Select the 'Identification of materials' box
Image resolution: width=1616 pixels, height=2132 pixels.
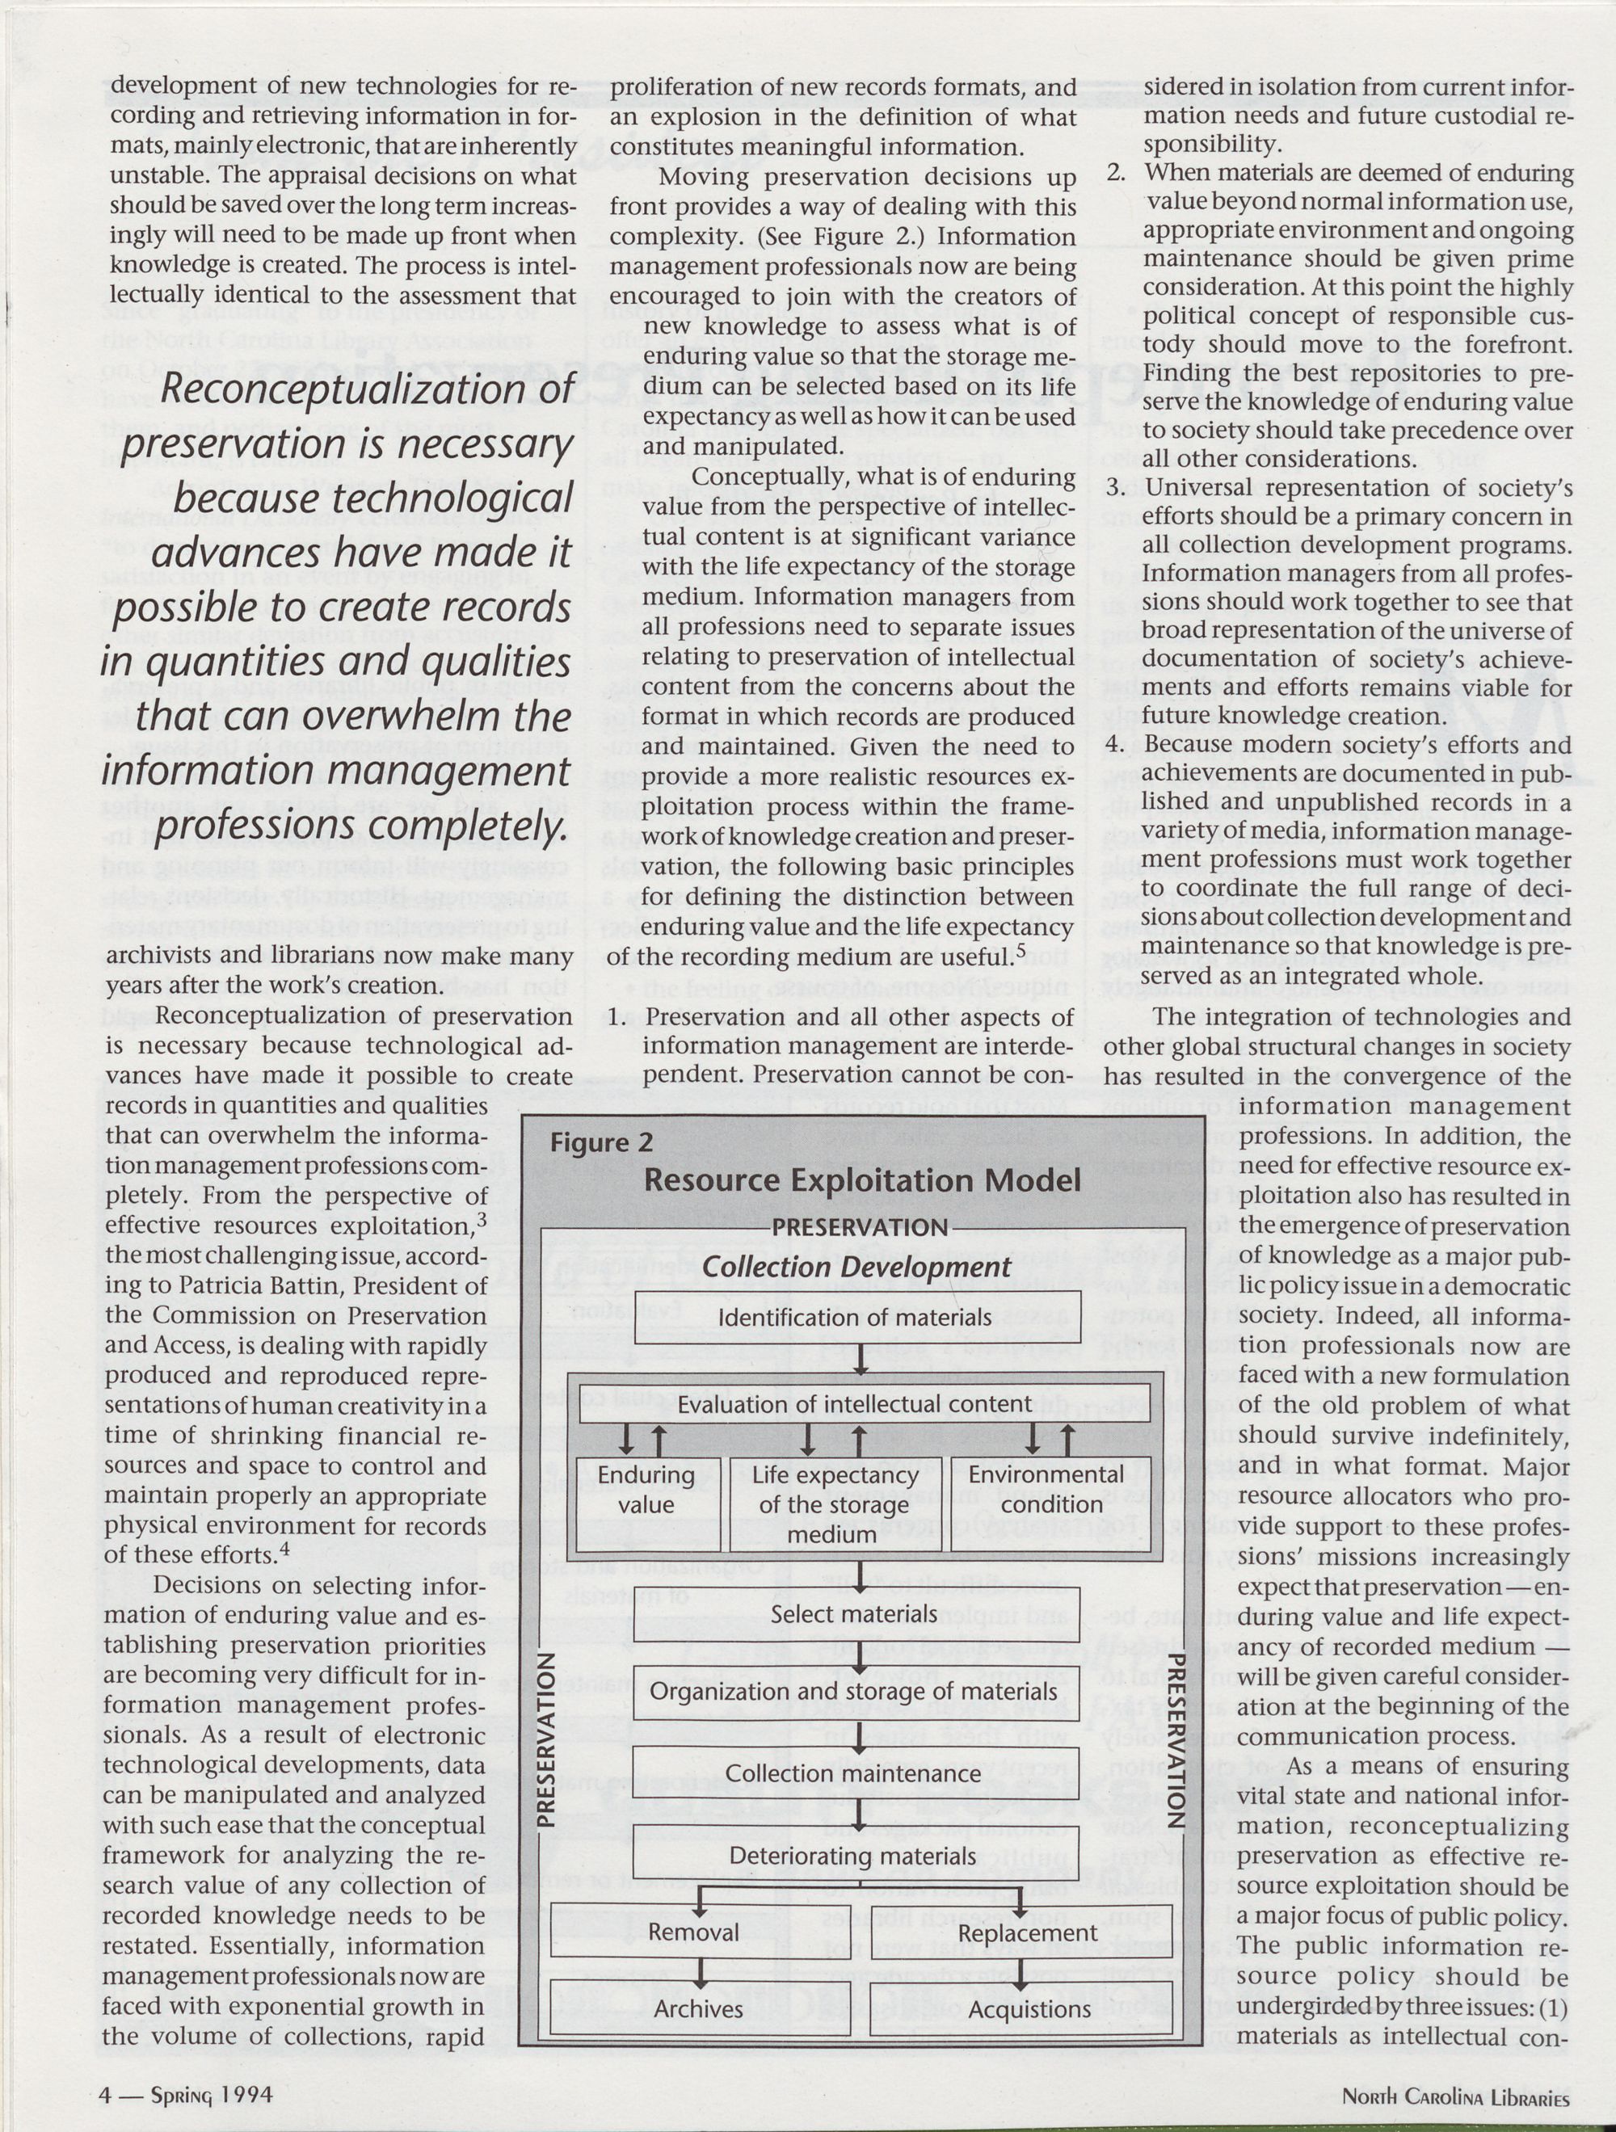(855, 1317)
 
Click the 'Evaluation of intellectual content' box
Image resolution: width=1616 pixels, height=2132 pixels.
(854, 1404)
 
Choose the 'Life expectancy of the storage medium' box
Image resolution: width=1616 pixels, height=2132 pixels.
(835, 1503)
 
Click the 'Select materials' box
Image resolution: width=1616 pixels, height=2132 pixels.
(854, 1613)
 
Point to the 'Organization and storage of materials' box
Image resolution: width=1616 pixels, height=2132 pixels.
(854, 1692)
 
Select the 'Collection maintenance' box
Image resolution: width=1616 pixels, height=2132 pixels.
(854, 1773)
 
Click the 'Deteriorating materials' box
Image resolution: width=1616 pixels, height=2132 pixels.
(854, 1856)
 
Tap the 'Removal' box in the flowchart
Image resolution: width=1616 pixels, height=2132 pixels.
(693, 1932)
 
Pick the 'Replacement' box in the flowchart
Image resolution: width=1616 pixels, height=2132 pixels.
(1027, 1933)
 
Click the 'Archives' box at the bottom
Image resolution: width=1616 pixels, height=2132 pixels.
(698, 2008)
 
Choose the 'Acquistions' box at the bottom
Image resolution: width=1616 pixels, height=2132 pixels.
(1029, 2009)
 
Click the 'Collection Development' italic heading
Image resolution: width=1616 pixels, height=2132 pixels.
(857, 1268)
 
